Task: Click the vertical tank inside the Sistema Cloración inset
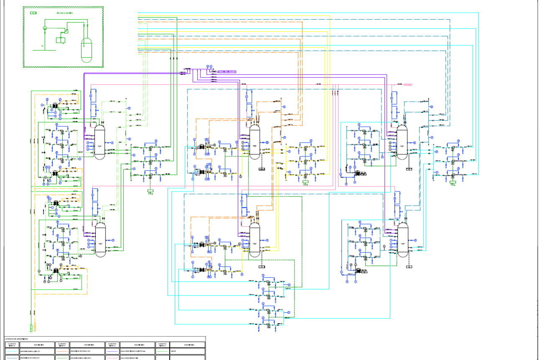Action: pyautogui.click(x=87, y=50)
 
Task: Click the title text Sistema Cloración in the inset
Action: pyautogui.click(x=65, y=13)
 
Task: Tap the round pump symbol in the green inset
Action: pyautogui.click(x=44, y=28)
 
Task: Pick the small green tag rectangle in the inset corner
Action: pyautogui.click(x=33, y=13)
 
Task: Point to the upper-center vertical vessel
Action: pyautogui.click(x=254, y=142)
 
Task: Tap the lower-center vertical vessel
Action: pyautogui.click(x=254, y=240)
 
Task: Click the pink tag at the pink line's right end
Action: pyautogui.click(x=408, y=84)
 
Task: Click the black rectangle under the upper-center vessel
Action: pyautogui.click(x=262, y=169)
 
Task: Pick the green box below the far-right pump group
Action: pyautogui.click(x=453, y=182)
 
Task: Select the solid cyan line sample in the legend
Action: pyautogui.click(x=13, y=352)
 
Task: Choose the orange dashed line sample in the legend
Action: pyautogui.click(x=61, y=352)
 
